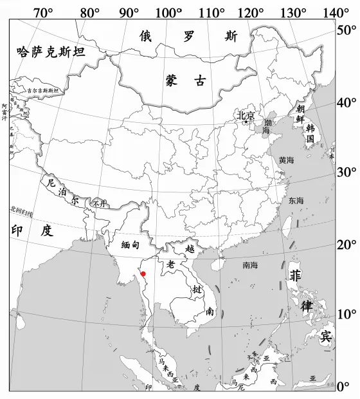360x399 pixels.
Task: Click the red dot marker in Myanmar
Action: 143,274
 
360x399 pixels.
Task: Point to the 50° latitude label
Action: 347,30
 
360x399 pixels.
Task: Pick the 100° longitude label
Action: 170,12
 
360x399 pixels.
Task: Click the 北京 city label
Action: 246,116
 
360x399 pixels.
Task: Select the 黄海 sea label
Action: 286,160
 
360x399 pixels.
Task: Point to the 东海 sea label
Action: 296,200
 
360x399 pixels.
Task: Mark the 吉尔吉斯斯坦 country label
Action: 42,91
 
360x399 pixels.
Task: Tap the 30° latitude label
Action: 347,172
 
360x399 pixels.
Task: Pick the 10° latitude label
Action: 347,314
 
